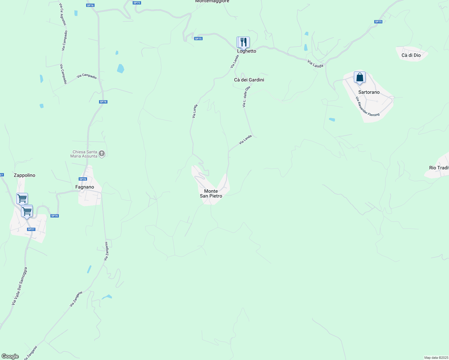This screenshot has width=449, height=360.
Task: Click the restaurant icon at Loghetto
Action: click(243, 42)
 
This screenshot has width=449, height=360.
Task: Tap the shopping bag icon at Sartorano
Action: click(360, 77)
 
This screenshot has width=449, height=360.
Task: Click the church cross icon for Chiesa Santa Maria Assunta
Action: click(102, 154)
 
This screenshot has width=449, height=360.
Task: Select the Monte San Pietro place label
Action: click(211, 193)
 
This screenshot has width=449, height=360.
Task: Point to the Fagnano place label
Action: click(85, 187)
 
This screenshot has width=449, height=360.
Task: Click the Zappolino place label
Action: click(25, 175)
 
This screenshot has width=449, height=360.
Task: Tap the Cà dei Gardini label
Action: click(249, 80)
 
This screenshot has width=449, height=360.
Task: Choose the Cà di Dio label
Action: click(411, 55)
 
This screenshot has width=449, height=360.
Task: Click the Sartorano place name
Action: click(369, 92)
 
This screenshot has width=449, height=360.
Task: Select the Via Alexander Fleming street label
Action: click(367, 107)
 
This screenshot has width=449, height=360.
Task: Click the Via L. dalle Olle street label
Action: click(246, 97)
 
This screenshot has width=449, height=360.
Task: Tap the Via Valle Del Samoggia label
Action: click(20, 286)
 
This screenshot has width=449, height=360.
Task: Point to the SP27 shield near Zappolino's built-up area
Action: click(31, 229)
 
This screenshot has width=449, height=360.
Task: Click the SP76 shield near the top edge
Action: click(90, 5)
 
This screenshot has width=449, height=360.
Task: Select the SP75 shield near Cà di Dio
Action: click(378, 22)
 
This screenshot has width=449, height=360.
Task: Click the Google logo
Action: click(10, 356)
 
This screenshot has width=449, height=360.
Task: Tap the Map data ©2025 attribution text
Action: click(436, 358)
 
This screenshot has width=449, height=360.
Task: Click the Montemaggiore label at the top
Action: click(212, 1)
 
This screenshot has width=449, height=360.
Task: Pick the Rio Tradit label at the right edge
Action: click(439, 168)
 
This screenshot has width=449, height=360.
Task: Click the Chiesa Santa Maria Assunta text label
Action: click(84, 154)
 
